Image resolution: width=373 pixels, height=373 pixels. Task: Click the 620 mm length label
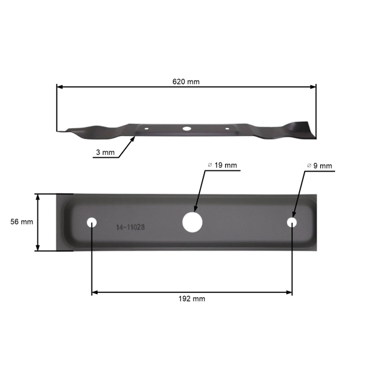(x=186, y=81)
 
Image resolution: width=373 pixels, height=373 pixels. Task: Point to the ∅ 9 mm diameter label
(x=320, y=166)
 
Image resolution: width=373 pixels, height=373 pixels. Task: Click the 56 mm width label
(x=22, y=222)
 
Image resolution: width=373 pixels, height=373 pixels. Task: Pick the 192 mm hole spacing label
(x=192, y=298)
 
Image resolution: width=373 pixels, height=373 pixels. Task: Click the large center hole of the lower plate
(x=192, y=221)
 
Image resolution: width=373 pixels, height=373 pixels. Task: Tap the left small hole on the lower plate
(x=92, y=222)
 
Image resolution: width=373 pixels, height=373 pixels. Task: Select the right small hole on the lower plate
(x=292, y=222)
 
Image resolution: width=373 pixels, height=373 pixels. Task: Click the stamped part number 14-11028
(x=131, y=228)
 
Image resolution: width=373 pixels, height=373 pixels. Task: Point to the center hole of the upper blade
(x=185, y=128)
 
